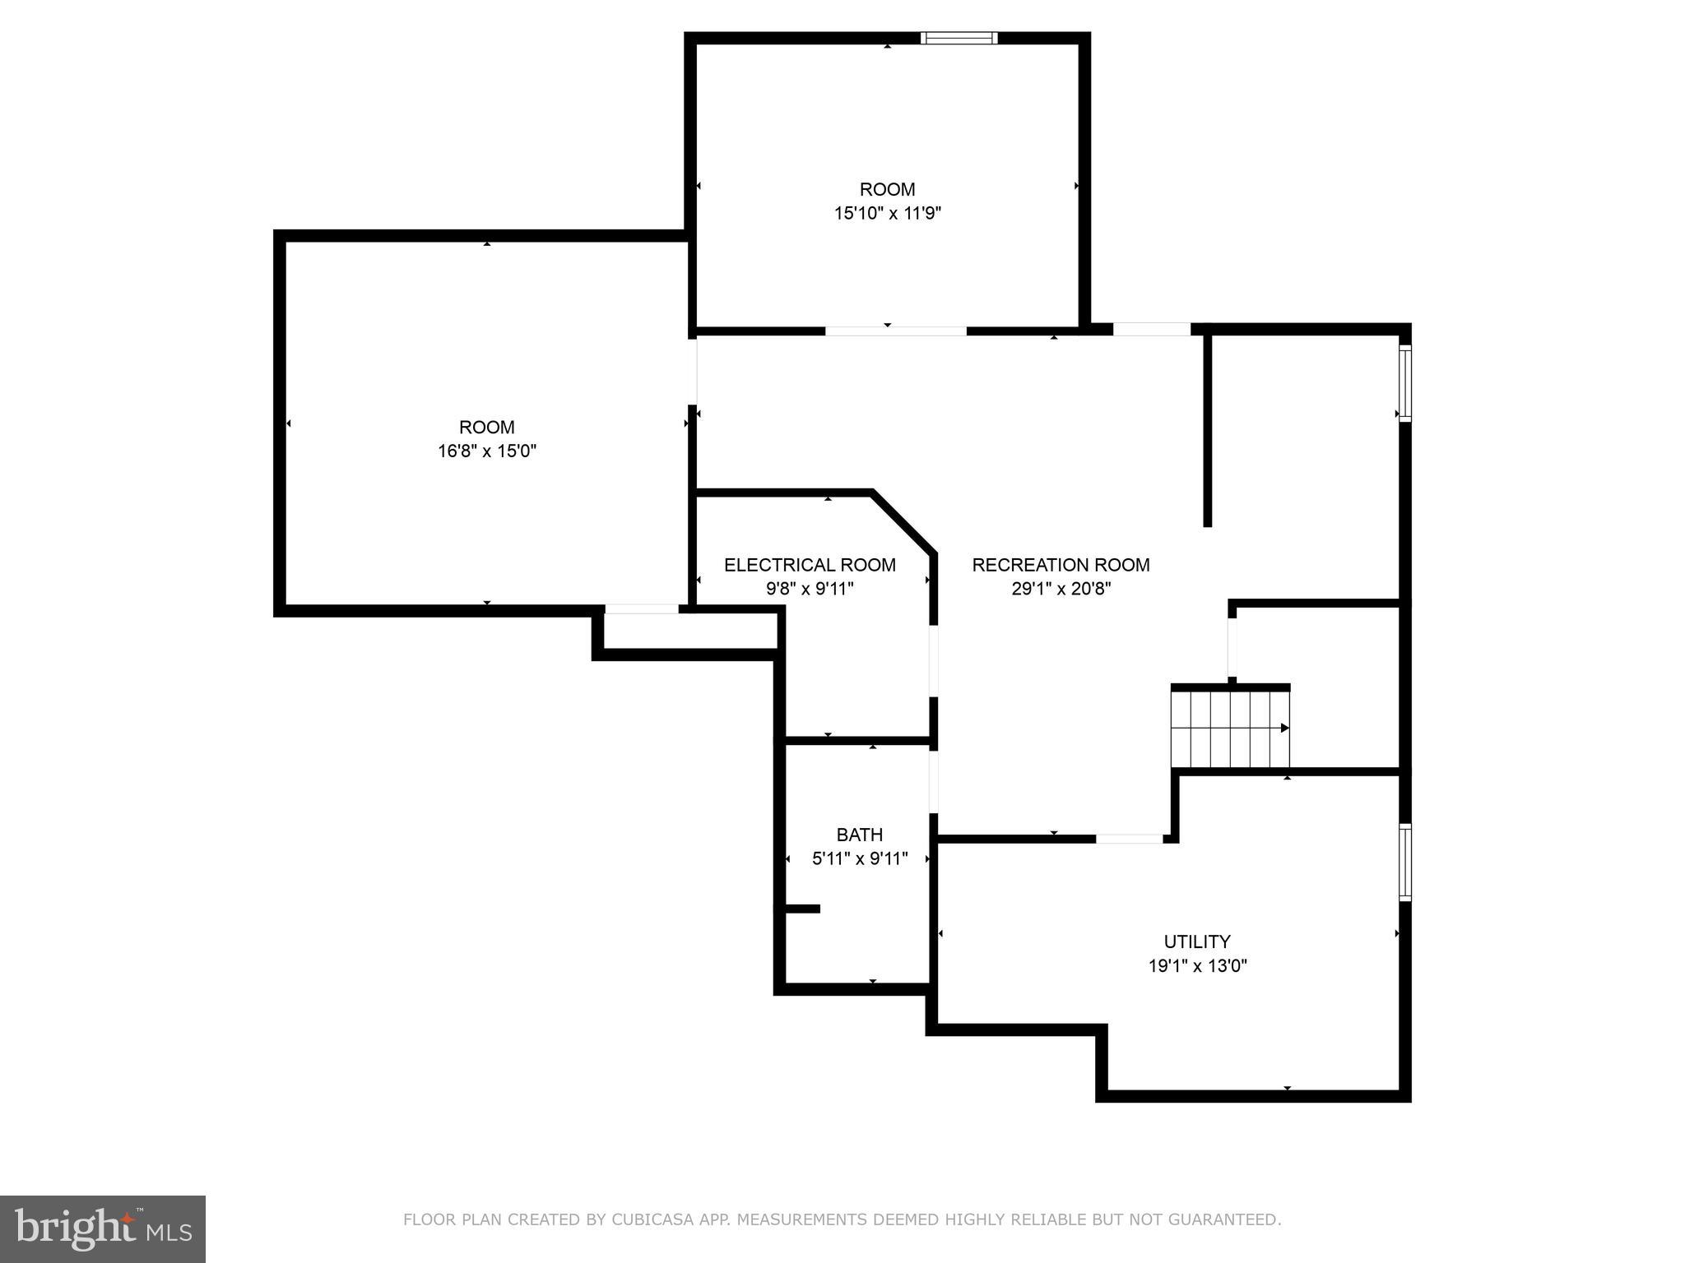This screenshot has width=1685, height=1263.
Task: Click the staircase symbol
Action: click(1230, 729)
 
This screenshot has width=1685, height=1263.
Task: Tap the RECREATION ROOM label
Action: click(1061, 565)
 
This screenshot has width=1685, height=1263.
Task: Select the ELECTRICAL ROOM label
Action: click(810, 565)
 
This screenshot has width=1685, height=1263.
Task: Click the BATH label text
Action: click(860, 835)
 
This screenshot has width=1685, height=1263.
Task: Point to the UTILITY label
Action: click(1197, 941)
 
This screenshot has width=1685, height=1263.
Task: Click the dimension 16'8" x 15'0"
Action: click(487, 451)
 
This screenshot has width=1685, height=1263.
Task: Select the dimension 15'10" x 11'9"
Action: click(888, 213)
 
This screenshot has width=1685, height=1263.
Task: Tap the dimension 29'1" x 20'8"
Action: click(1061, 589)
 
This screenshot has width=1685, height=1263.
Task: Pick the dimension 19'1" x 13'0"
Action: click(1197, 965)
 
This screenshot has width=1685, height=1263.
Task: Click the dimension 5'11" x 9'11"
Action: click(860, 858)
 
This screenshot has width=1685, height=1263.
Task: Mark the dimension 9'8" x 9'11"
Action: click(810, 589)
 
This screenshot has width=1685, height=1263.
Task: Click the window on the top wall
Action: click(959, 38)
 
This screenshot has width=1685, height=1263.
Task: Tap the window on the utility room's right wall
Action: click(1405, 863)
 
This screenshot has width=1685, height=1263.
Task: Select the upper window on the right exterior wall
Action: click(1405, 383)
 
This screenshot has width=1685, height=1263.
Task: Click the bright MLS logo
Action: click(103, 1228)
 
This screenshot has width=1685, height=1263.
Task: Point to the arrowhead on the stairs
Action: click(1284, 729)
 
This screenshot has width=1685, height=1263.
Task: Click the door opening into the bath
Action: click(934, 781)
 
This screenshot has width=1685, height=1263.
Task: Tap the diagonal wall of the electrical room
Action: click(903, 523)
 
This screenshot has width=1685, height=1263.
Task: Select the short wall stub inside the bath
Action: click(802, 909)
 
